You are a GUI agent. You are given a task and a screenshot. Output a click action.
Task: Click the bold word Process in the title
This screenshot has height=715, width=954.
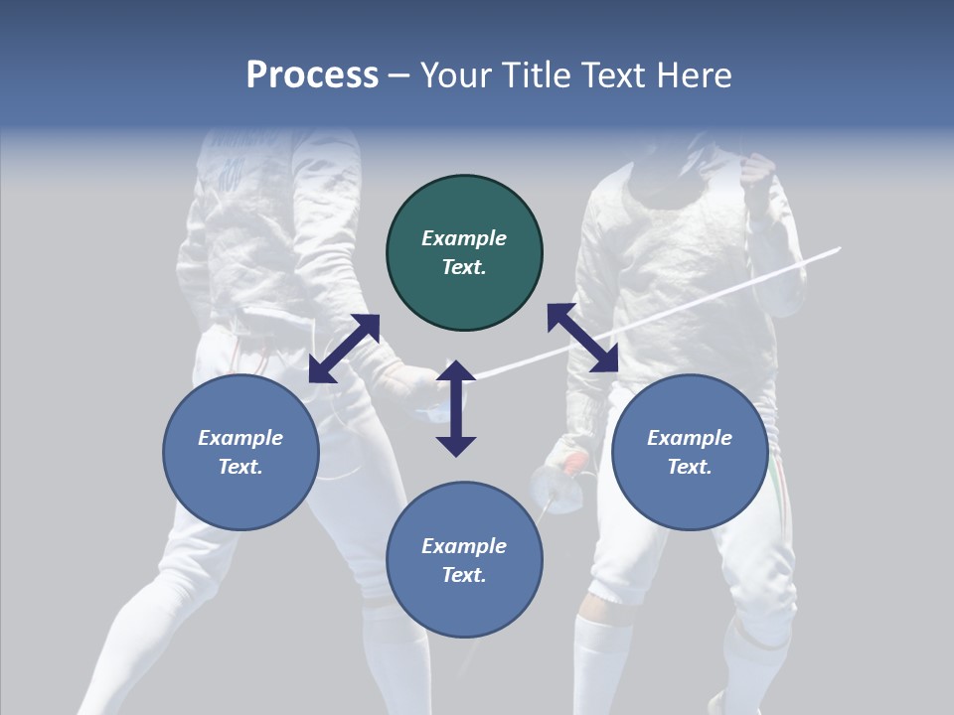(312, 75)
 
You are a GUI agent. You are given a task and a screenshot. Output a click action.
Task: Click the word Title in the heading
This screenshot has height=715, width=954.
(538, 75)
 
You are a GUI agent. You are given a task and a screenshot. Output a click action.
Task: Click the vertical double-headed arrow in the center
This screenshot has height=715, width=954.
(456, 408)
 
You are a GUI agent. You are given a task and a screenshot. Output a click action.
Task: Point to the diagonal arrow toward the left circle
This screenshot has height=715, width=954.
(344, 349)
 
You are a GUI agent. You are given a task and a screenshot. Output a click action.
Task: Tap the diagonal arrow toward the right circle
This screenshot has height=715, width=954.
(582, 338)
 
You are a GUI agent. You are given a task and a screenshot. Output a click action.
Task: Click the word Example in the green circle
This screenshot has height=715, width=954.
(464, 238)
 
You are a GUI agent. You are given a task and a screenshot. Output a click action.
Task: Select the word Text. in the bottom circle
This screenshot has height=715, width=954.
(464, 575)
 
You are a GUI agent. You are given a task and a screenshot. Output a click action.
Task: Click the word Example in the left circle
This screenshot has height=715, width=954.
(240, 438)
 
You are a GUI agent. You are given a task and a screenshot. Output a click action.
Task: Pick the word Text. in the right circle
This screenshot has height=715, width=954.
(690, 467)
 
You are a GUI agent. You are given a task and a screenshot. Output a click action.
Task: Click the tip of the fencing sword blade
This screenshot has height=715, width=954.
(839, 248)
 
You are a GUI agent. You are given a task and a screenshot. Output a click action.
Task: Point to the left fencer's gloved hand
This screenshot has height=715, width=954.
(407, 382)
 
